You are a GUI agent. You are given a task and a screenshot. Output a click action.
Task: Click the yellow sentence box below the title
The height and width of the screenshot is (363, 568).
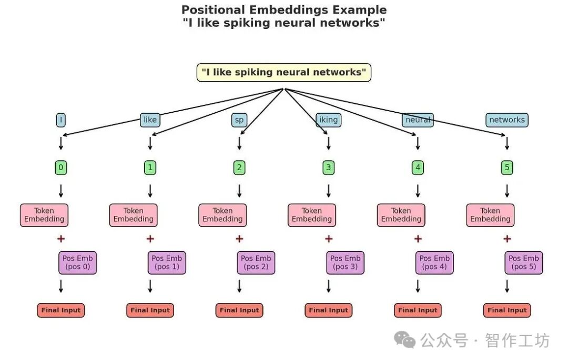coord(283,73)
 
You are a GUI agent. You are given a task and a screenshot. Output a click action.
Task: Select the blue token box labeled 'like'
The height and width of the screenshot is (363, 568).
coord(150,120)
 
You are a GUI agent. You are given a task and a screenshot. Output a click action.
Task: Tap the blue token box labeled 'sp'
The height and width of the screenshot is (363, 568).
coord(239,120)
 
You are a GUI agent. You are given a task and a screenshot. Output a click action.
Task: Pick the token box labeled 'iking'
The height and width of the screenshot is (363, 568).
coord(329,120)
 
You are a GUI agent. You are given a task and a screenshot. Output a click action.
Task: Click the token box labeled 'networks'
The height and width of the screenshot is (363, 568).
coord(506,120)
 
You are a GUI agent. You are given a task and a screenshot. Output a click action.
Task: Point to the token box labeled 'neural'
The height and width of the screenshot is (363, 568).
coord(418,120)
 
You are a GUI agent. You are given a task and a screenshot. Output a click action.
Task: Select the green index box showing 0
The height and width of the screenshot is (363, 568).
coord(61,168)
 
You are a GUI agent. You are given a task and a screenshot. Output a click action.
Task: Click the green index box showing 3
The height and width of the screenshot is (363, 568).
coord(329,168)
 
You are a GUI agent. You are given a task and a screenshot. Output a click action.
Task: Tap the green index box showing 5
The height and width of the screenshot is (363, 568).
coord(507,168)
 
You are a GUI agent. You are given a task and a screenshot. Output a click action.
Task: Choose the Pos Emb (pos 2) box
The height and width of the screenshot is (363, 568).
coord(256,262)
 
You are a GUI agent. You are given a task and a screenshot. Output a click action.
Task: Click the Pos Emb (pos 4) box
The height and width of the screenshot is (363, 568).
coord(434,262)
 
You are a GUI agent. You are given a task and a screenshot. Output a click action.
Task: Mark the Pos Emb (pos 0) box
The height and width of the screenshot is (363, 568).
coord(77,262)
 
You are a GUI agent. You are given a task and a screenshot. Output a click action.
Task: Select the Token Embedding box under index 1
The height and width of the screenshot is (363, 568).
coord(134,215)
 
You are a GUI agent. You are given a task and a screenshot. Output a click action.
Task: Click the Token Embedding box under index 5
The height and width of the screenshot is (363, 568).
coord(490,215)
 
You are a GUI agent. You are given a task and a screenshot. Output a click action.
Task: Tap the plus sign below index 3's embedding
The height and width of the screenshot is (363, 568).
coord(329,239)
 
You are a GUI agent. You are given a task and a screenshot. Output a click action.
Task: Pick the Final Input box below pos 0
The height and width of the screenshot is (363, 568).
coord(61,310)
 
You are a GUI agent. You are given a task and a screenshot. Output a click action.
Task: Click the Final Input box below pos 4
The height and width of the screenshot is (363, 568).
coord(418,310)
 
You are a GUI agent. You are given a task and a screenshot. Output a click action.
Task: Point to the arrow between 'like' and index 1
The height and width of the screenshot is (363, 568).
coord(150,143)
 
